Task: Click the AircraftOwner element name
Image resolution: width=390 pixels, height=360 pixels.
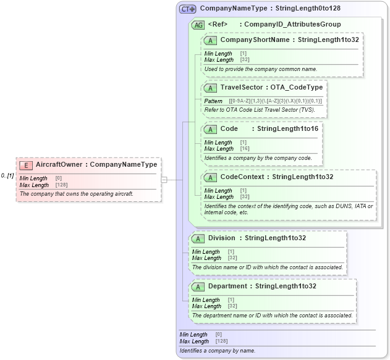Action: coord(59,165)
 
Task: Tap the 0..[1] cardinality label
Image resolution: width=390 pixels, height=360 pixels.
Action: coord(7,175)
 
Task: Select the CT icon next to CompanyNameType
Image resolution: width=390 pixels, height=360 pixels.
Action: coord(187,9)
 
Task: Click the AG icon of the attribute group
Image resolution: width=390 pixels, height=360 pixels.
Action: coord(198,25)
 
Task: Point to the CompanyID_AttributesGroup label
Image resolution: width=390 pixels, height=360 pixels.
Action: coord(292,25)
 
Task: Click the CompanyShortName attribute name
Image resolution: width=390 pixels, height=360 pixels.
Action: coord(255,40)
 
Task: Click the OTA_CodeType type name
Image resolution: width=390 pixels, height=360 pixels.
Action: coord(296,88)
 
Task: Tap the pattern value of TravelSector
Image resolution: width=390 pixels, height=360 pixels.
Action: coord(275,101)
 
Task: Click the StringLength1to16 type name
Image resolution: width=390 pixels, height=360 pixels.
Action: coord(287,128)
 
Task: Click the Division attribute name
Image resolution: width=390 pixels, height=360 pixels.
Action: coord(221,238)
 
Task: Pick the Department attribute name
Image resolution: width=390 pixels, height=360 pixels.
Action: coord(227,287)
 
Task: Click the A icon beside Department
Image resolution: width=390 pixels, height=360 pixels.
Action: coord(198,287)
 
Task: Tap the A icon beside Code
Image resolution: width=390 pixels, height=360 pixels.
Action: coord(210,128)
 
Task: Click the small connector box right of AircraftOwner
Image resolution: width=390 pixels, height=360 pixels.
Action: coord(164,180)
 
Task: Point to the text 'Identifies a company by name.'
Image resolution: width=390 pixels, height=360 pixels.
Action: coord(217,351)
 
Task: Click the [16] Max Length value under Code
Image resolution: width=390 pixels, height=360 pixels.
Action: coord(245,149)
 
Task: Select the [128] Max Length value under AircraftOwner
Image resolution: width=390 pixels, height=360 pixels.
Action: coord(61,185)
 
